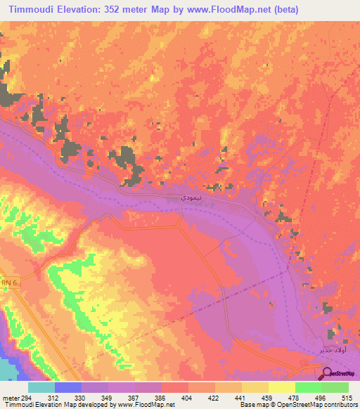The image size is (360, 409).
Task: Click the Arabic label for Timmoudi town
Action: tap(175, 199)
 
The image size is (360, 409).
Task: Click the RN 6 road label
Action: tap(7, 282)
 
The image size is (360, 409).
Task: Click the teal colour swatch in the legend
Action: tap(41, 387)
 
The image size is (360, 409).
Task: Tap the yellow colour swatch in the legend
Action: tap(281, 387)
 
